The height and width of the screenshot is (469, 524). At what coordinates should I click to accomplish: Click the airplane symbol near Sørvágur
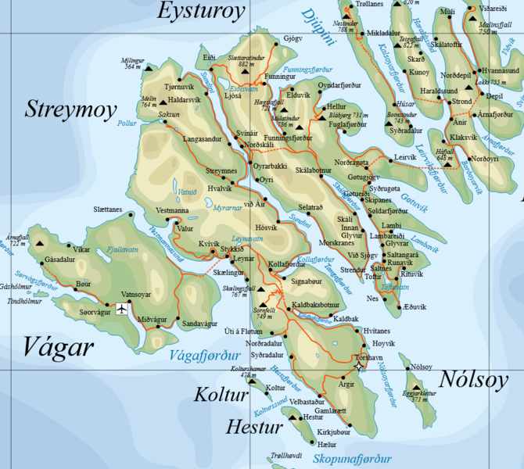121,309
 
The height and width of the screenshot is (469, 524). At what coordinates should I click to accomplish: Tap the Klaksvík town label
464,138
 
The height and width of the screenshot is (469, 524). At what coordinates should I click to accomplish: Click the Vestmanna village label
172,210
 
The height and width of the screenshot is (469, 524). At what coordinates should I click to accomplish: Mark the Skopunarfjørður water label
351,459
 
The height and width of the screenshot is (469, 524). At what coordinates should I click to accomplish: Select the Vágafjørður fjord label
203,356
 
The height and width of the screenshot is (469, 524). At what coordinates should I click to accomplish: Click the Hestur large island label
253,427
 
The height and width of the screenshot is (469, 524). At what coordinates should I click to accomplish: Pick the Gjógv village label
293,38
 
